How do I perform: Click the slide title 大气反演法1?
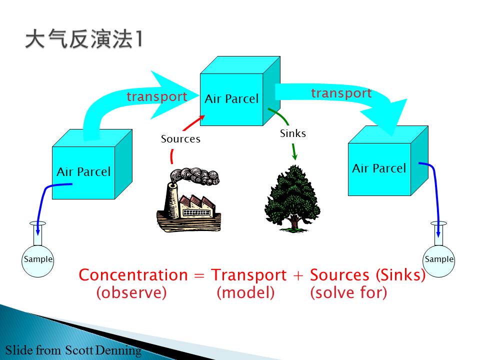83,39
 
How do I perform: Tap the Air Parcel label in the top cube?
231,99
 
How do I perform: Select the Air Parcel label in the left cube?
83,171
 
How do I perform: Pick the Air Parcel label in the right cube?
379,168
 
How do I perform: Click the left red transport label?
156,96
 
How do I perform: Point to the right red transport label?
341,93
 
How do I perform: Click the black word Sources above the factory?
180,139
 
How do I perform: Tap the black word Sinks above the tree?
293,133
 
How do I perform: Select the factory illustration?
188,199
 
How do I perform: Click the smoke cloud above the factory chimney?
194,176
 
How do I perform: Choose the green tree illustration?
292,198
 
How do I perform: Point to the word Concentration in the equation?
133,275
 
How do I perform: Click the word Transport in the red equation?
249,275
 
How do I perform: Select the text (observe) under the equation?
131,292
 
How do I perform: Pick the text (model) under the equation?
245,292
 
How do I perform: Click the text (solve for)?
348,292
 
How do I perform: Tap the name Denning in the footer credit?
118,350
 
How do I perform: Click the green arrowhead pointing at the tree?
295,156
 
